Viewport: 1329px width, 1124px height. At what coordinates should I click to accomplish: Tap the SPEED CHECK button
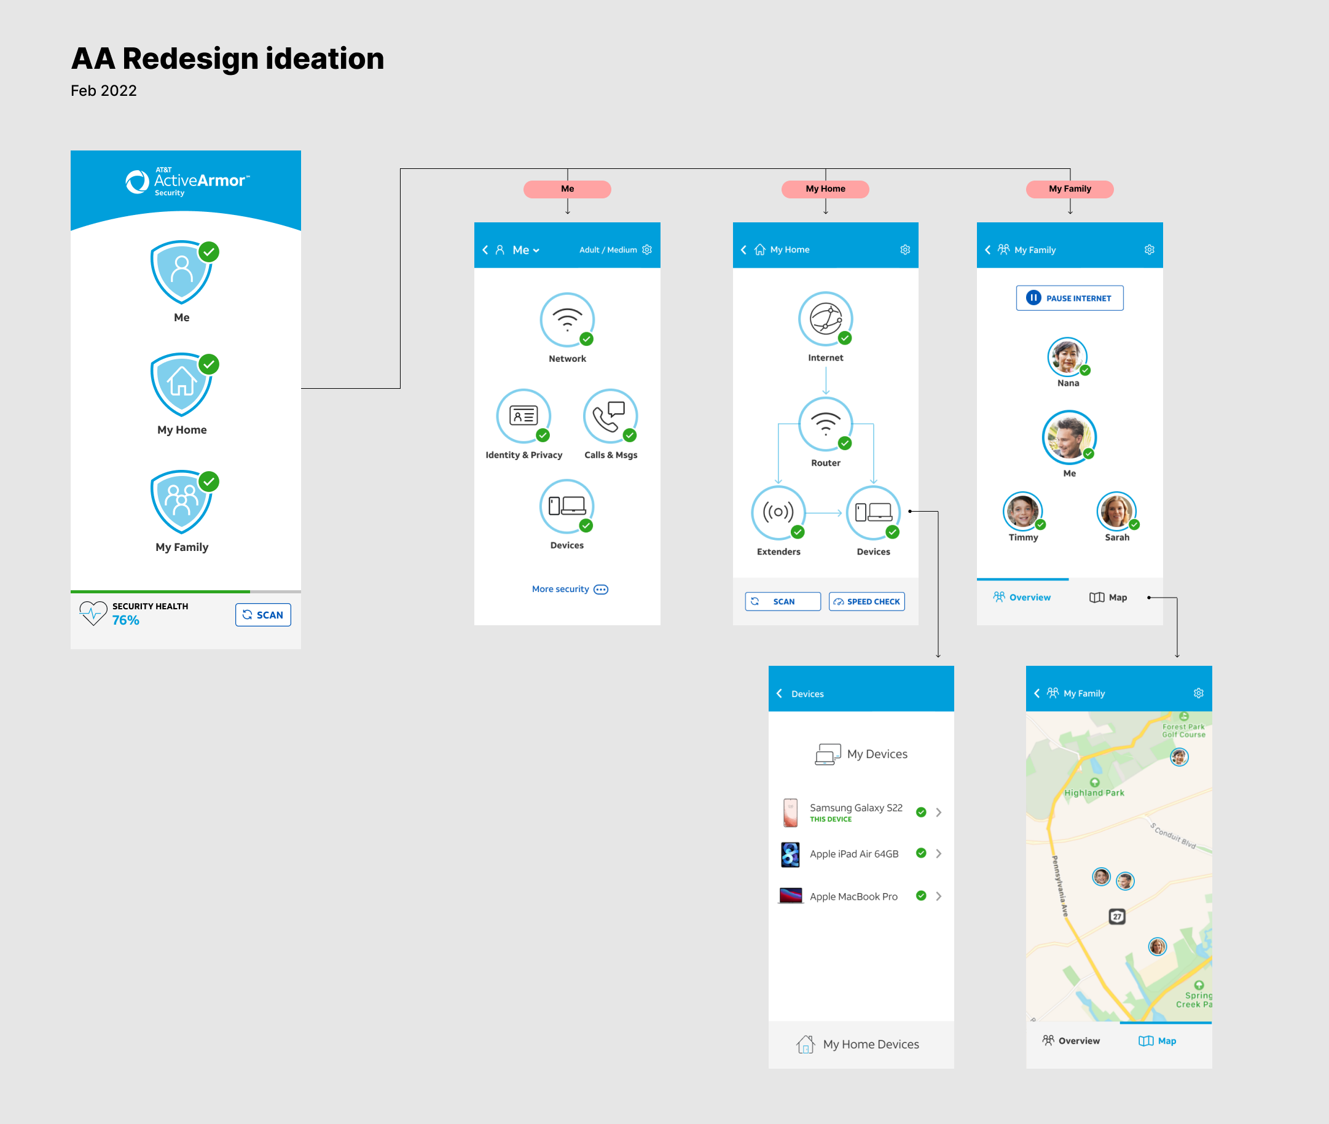(x=866, y=601)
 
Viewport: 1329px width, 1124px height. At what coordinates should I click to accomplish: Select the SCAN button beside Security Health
(x=263, y=615)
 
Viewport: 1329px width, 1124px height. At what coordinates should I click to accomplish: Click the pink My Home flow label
(x=825, y=189)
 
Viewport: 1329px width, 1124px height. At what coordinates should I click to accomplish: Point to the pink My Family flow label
(x=1070, y=189)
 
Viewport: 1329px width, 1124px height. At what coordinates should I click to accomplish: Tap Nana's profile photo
(x=1067, y=357)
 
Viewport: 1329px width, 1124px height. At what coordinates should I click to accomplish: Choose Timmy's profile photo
(x=1022, y=511)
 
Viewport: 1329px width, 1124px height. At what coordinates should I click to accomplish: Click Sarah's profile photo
(x=1116, y=511)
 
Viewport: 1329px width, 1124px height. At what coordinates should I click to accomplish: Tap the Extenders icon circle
(x=778, y=512)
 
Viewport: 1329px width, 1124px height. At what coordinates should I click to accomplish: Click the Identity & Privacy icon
(x=523, y=416)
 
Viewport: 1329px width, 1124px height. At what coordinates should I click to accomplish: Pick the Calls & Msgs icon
(x=610, y=416)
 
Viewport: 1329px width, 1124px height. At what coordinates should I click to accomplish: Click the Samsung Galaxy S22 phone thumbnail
(x=790, y=813)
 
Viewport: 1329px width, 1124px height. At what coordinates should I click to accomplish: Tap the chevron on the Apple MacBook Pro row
(x=938, y=896)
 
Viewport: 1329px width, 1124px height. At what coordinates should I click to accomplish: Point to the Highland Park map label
(x=1094, y=793)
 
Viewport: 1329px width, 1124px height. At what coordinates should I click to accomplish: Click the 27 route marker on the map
(x=1117, y=916)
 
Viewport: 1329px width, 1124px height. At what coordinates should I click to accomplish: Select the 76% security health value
(x=125, y=620)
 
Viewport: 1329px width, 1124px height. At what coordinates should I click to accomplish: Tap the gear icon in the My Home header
(x=904, y=250)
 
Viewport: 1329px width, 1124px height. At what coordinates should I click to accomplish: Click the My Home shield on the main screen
(x=182, y=385)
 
